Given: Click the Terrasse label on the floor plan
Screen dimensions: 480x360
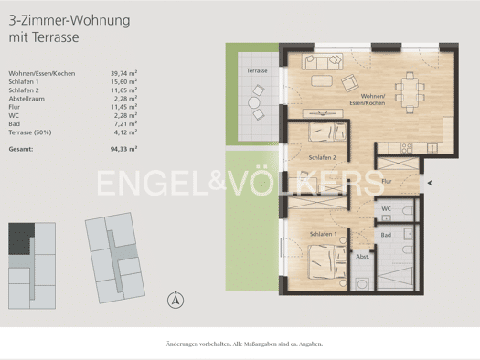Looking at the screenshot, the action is pos(257,70).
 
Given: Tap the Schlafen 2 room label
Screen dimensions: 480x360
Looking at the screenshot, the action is pos(323,157).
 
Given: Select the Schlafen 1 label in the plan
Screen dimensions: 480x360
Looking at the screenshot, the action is pos(324,234).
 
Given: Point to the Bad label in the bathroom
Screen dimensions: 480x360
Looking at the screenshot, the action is pos(386,235).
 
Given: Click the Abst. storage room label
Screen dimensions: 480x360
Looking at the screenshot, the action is pos(362,257).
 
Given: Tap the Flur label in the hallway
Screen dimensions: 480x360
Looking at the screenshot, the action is pos(387,181).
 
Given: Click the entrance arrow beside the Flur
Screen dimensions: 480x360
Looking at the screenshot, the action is pos(430,183).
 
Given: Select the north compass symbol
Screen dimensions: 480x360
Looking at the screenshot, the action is pos(176,300).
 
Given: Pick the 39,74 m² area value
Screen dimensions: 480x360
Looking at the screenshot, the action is pos(123,73).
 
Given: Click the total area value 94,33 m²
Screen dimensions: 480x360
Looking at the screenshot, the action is pos(123,149).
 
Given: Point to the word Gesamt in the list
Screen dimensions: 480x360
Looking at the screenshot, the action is pos(21,149).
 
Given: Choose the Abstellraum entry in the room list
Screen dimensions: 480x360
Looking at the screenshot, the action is pos(27,99).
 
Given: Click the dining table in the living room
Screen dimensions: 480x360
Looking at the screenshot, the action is pos(410,92).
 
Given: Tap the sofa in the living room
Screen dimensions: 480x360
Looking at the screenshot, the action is pos(323,61).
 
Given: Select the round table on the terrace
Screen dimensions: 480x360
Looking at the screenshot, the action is pos(254,102).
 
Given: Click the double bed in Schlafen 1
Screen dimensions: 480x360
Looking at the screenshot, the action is pos(327,262).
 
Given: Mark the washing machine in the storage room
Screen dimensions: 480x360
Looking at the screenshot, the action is pos(362,284).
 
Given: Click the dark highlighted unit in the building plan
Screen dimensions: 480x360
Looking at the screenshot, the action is pos(19,238).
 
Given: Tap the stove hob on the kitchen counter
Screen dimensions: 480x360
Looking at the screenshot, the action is pos(407,148).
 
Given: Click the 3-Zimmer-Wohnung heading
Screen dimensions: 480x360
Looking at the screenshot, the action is pos(69,21).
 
